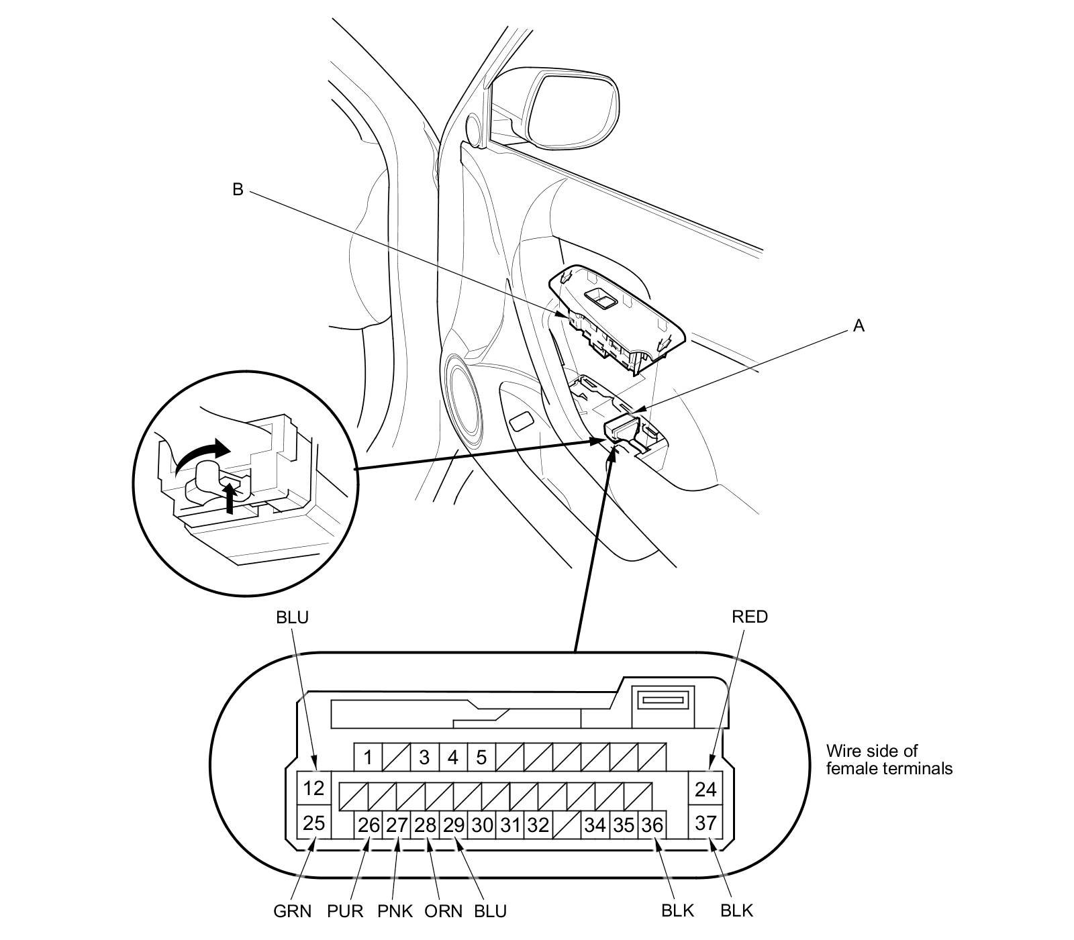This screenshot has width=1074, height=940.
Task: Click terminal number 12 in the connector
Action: click(x=313, y=788)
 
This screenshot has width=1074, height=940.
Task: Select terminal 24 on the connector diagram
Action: click(x=705, y=789)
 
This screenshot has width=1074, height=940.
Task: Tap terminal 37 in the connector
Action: click(x=705, y=822)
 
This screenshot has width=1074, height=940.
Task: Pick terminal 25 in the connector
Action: click(x=313, y=822)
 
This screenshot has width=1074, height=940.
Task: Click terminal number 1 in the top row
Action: click(x=368, y=758)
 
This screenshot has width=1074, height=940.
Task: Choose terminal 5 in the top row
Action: click(x=481, y=758)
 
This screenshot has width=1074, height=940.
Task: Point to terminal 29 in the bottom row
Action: click(x=454, y=825)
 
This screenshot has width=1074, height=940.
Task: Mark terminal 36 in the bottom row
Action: click(x=651, y=825)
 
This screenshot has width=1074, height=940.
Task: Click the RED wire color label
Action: click(x=750, y=616)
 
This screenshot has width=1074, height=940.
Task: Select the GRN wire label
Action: click(x=293, y=910)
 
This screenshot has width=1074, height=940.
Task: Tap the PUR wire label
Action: click(x=345, y=910)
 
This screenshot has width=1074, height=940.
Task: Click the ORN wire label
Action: click(x=444, y=910)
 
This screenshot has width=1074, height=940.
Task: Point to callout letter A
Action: click(x=859, y=326)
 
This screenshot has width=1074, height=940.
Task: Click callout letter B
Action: click(x=238, y=190)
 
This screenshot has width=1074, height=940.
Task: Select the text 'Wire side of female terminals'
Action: click(x=889, y=760)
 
